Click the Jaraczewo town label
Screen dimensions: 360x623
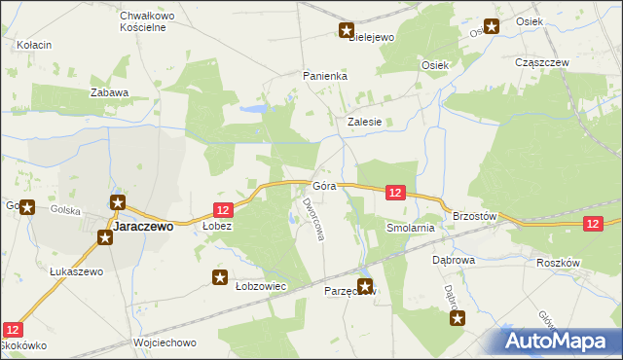coord(143,226)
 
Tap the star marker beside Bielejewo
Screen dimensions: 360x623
coord(347,30)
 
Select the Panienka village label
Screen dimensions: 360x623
coord(325,75)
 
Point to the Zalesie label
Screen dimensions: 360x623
coord(371,123)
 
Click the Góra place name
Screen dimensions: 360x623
coord(325,186)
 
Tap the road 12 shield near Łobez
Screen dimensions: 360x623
coord(223,210)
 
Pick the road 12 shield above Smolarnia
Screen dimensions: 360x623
coord(395,194)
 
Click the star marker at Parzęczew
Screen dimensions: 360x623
coord(365,286)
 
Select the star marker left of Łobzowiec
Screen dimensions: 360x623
coord(220,278)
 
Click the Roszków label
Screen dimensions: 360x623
coord(558,263)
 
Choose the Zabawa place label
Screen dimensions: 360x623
coord(109,93)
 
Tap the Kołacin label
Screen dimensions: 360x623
coord(34,46)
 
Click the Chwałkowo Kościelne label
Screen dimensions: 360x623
coord(142,21)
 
